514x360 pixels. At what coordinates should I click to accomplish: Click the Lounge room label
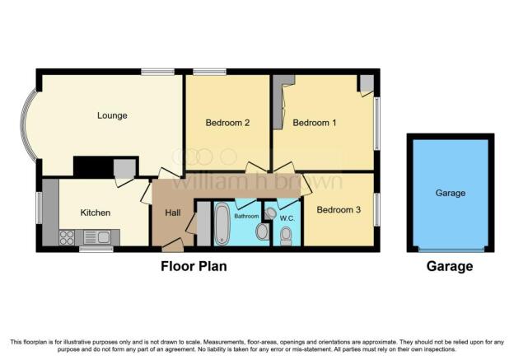click(112, 115)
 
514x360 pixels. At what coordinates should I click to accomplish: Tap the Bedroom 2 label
click(227, 123)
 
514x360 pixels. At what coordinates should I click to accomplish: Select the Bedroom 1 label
click(315, 123)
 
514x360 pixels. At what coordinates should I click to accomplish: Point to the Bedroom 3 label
click(339, 209)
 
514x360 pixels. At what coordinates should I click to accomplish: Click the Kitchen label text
click(96, 213)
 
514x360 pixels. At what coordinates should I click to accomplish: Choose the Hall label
click(173, 213)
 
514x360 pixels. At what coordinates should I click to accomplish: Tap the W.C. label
click(287, 218)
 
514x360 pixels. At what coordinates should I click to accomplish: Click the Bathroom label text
click(246, 216)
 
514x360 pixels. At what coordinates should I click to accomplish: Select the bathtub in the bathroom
click(222, 223)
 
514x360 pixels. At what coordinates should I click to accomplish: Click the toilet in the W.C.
click(286, 236)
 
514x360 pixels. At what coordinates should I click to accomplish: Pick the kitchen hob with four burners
click(67, 238)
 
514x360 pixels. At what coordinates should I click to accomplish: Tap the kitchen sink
click(97, 237)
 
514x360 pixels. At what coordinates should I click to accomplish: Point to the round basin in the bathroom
click(262, 231)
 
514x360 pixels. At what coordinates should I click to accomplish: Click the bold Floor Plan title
click(194, 266)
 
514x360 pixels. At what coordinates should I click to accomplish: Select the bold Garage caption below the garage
click(450, 266)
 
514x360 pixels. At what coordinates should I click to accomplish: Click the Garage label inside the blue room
click(451, 193)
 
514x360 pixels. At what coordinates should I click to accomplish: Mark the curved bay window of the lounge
click(23, 124)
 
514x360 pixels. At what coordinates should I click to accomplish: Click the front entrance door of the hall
click(173, 245)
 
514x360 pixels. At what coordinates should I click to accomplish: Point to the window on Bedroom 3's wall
click(377, 209)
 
